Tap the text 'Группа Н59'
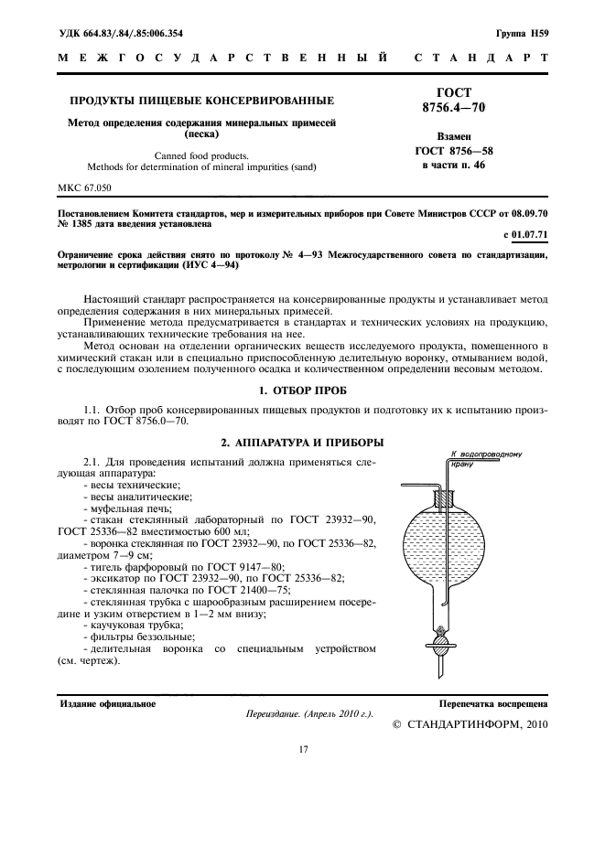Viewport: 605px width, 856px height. click(522, 34)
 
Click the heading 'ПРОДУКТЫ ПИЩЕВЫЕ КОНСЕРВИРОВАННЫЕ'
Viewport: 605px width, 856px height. click(203, 100)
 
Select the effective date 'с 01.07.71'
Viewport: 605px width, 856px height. click(524, 236)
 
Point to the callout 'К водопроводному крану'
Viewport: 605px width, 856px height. click(485, 458)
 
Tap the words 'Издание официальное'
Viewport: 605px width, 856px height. click(107, 704)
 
